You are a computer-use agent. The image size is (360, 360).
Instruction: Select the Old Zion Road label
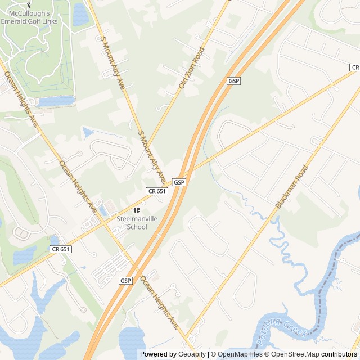pos(192,67)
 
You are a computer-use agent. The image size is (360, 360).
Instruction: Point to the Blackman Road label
pos(292,187)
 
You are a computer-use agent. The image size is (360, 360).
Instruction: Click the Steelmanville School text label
pos(132,223)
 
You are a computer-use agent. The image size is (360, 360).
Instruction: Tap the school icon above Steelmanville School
pos(136,210)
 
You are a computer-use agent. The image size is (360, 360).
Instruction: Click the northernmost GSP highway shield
pos(234,81)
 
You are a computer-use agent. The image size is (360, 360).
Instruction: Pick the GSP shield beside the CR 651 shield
pos(179,182)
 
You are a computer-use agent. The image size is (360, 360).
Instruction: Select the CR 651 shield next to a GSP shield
pos(157,191)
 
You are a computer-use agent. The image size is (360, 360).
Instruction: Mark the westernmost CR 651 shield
pos(61,249)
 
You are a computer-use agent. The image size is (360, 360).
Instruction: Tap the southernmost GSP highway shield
pos(125,280)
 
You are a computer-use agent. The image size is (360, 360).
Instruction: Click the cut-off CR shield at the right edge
pos(355,67)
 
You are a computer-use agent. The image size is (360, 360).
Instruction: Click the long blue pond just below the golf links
pos(55,101)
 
